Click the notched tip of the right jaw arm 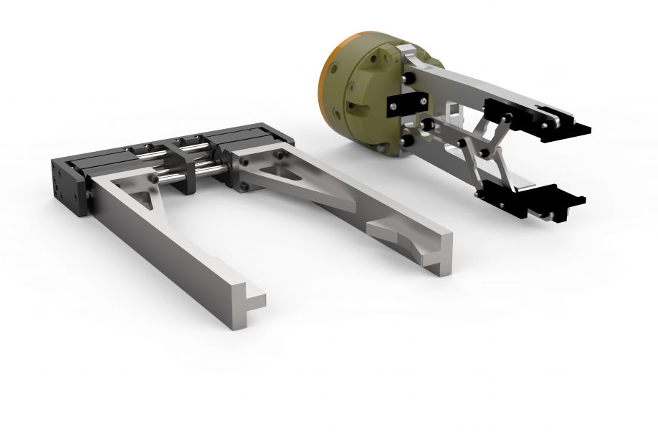439,261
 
